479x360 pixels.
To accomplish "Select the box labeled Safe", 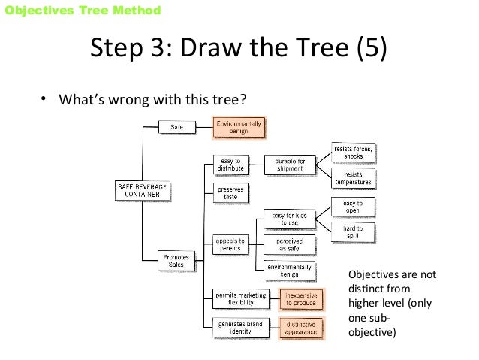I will [x=177, y=127].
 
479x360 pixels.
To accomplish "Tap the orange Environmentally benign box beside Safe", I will [x=239, y=127].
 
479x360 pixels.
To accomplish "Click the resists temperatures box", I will [x=354, y=177].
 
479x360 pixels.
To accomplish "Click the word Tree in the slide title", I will [x=294, y=50].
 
